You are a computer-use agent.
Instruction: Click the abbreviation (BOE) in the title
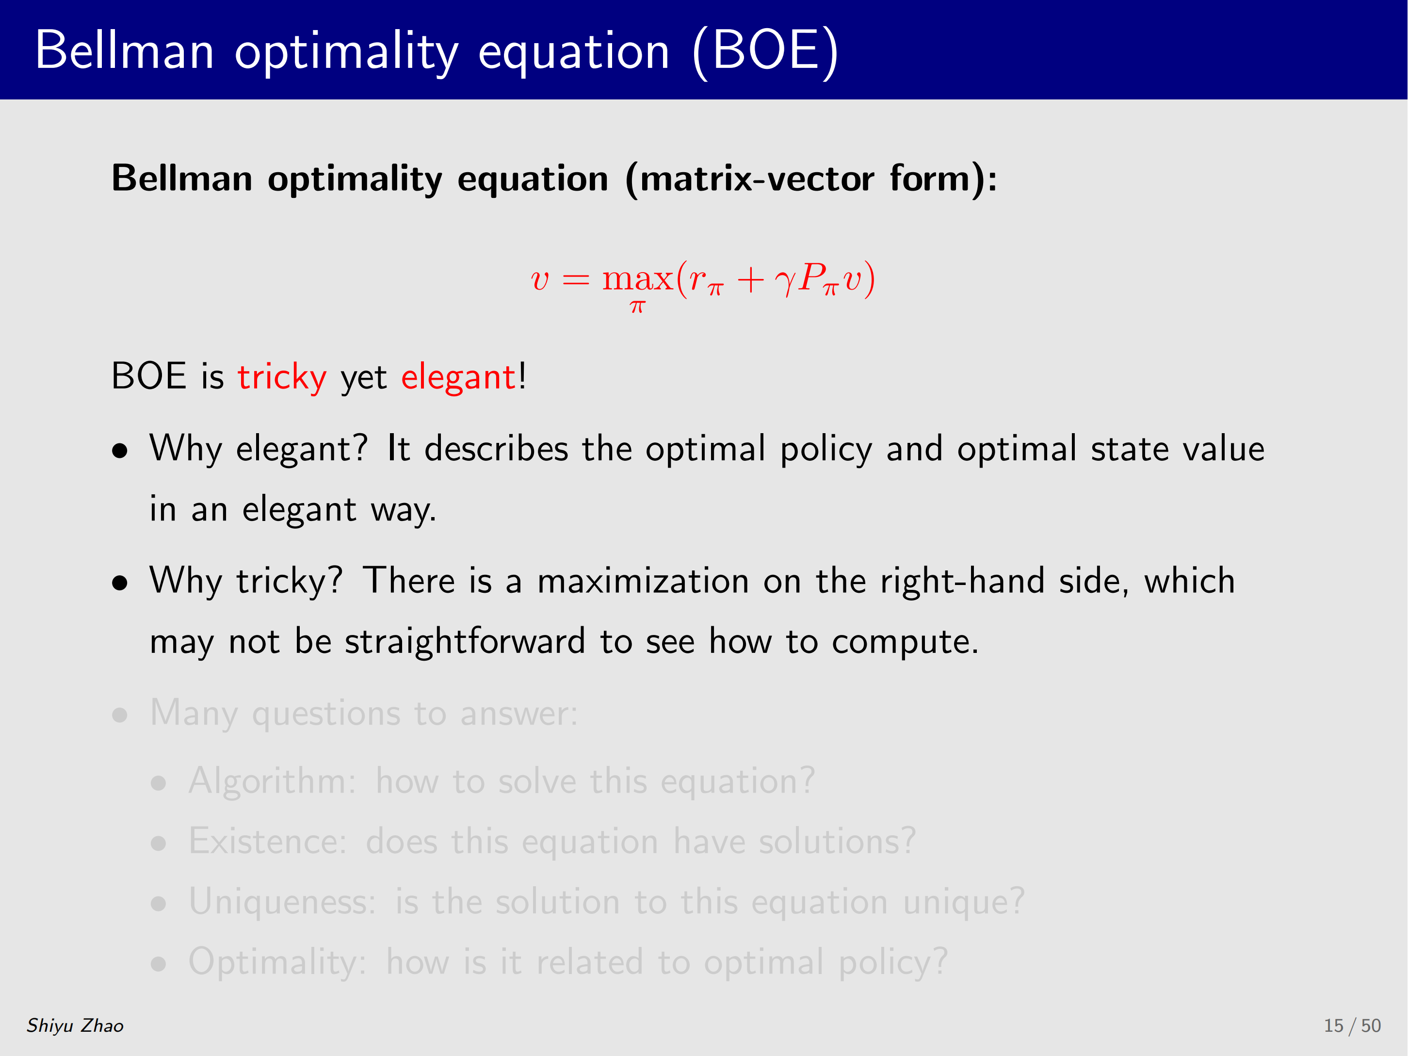tap(766, 51)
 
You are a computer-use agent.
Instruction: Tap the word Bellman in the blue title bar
tap(125, 50)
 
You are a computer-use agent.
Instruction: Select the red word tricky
tap(282, 377)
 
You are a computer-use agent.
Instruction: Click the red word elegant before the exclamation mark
tap(458, 377)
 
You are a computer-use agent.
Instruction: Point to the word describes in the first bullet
tap(496, 449)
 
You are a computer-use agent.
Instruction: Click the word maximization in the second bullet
tap(643, 581)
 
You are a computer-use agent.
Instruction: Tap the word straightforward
tap(465, 642)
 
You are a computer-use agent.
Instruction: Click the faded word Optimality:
tap(277, 962)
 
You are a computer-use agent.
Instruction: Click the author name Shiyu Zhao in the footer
tap(75, 1025)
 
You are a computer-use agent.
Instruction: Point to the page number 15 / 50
tap(1352, 1025)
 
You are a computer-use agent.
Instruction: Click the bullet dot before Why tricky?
tap(120, 583)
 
